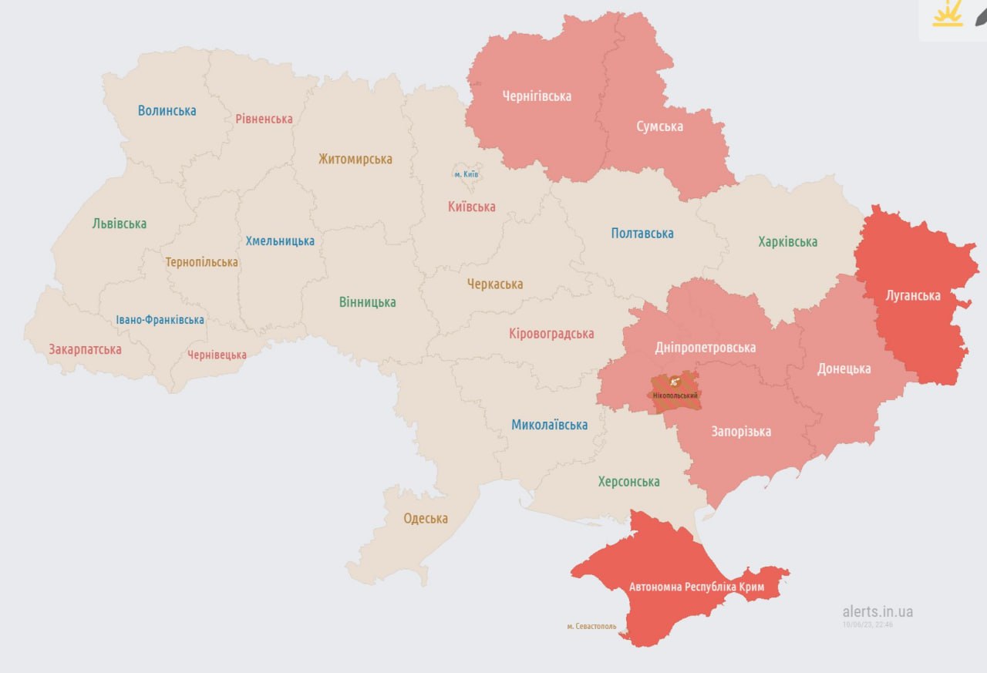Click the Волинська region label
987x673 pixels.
point(167,110)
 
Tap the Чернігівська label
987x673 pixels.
point(537,96)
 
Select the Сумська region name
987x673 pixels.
point(659,126)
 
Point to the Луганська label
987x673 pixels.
point(913,295)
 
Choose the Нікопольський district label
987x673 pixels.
point(675,396)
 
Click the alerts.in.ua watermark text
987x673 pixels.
point(878,611)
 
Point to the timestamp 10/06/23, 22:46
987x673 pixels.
point(867,624)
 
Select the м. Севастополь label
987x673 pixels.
point(591,627)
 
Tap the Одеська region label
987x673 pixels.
point(426,518)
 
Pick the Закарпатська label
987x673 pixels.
point(85,349)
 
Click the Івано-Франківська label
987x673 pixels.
point(160,319)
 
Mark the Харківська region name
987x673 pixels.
point(787,242)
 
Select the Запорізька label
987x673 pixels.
point(740,432)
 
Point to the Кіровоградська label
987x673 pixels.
point(551,334)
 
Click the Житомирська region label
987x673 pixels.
point(355,160)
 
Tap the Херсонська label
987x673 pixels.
point(628,482)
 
